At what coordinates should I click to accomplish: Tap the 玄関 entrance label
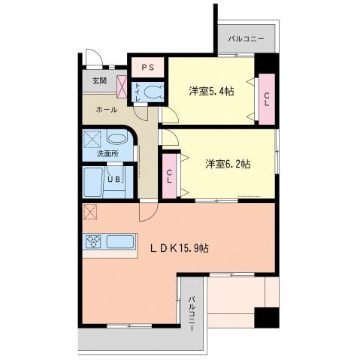point(99,80)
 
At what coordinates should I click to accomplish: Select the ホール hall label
point(104,109)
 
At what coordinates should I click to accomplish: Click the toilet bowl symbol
point(153,92)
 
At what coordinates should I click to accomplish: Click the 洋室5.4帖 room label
point(210,92)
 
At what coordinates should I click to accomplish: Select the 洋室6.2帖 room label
point(228,163)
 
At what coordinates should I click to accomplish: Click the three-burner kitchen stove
point(95,242)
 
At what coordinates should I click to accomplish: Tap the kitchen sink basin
point(120,242)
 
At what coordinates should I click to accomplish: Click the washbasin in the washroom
point(116,138)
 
